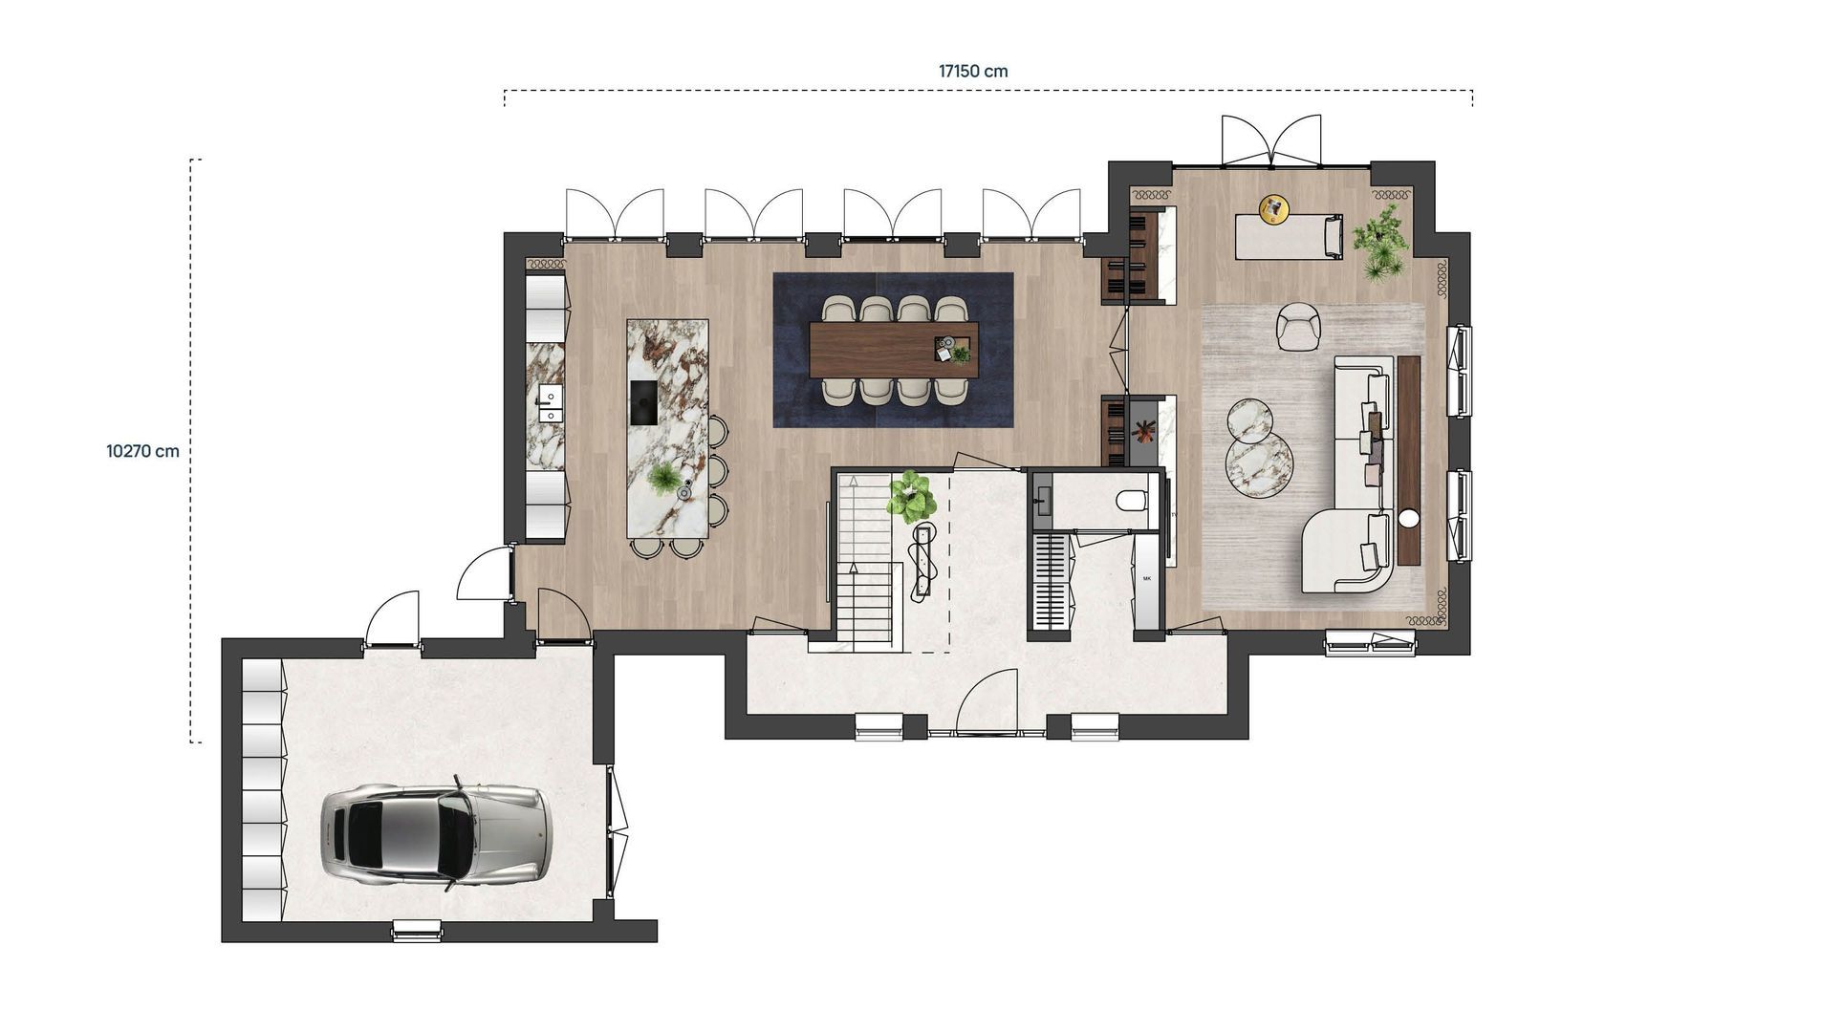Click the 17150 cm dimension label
[x=972, y=71]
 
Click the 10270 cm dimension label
[x=142, y=451]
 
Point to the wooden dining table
[x=892, y=350]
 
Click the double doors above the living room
[x=1272, y=140]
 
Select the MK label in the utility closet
[x=1147, y=579]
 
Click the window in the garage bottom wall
[x=418, y=928]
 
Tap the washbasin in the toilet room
[x=1043, y=499]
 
